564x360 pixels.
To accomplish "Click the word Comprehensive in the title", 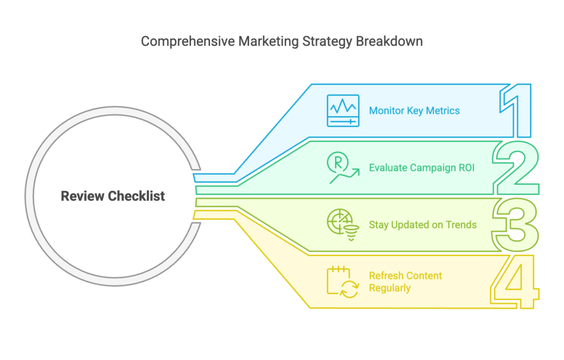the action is pyautogui.click(x=188, y=42).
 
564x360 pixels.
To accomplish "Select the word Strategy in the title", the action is pyautogui.click(x=327, y=42).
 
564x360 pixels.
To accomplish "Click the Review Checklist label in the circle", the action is pyautogui.click(x=112, y=196).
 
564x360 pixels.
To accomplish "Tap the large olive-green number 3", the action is pyautogui.click(x=515, y=225).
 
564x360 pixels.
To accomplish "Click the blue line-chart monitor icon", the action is pyautogui.click(x=343, y=111).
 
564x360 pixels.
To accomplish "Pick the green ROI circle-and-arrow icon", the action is pyautogui.click(x=343, y=167).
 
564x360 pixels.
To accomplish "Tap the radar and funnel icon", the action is pyautogui.click(x=343, y=225).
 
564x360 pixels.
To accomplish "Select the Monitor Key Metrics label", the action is pyautogui.click(x=414, y=111).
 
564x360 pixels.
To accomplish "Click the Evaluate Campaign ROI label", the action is pyautogui.click(x=421, y=168).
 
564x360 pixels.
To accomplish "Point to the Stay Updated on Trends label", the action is pyautogui.click(x=422, y=225).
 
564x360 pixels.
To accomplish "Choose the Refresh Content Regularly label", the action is pyautogui.click(x=405, y=282).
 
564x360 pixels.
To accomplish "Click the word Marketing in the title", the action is pyautogui.click(x=268, y=42).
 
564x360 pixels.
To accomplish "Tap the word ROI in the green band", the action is pyautogui.click(x=467, y=168).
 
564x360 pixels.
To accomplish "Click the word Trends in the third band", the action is pyautogui.click(x=461, y=225).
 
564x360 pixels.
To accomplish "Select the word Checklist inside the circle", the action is pyautogui.click(x=137, y=196).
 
